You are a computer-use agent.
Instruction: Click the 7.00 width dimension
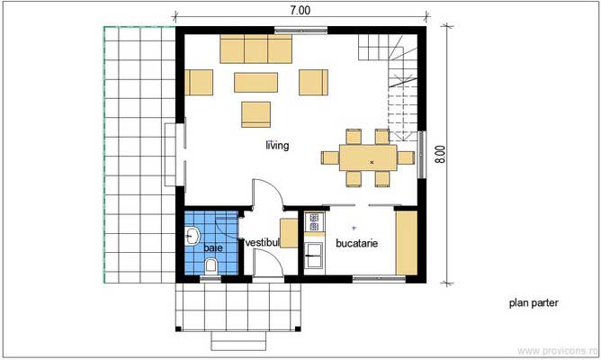(300, 11)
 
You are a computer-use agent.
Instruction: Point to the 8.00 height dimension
(440, 154)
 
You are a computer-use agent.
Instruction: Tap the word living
(276, 146)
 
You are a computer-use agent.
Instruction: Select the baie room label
(212, 247)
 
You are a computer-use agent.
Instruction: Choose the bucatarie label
(356, 243)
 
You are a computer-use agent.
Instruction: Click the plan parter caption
(533, 303)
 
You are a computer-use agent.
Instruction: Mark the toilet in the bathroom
(211, 265)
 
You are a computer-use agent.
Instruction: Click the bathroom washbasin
(193, 237)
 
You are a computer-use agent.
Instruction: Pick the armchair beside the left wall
(199, 82)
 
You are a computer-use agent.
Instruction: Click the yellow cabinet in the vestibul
(288, 232)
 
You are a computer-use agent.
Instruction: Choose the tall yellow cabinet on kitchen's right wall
(407, 241)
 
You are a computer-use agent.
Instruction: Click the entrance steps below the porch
(239, 341)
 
